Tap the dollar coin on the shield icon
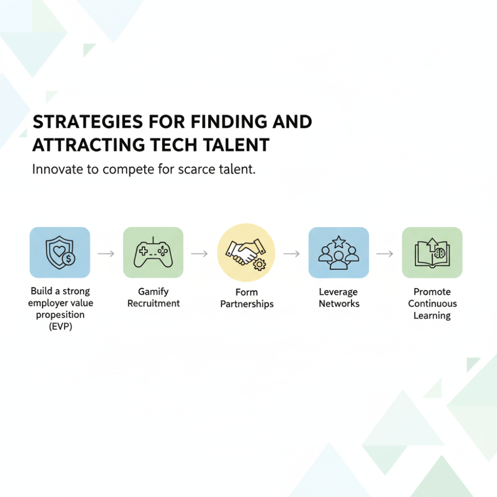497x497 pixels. [69, 259]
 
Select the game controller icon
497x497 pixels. [153, 252]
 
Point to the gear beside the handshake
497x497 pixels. [259, 264]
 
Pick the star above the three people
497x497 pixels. [338, 242]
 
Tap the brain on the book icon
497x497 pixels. [440, 253]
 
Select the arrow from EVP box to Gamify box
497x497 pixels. [106, 253]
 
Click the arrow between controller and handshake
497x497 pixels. [199, 253]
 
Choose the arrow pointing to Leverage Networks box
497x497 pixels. [292, 253]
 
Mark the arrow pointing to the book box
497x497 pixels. [385, 253]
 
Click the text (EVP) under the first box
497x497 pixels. [61, 327]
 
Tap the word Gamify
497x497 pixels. [154, 292]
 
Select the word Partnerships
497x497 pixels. [247, 304]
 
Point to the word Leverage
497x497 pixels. [338, 292]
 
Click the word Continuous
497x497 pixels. [432, 304]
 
